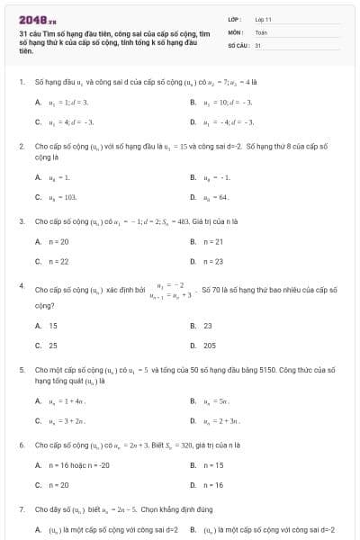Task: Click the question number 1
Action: [21, 82]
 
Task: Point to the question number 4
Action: [21, 285]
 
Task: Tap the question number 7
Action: [21, 508]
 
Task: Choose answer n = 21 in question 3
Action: [216, 242]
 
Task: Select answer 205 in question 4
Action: [209, 345]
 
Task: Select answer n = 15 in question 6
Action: [216, 465]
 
